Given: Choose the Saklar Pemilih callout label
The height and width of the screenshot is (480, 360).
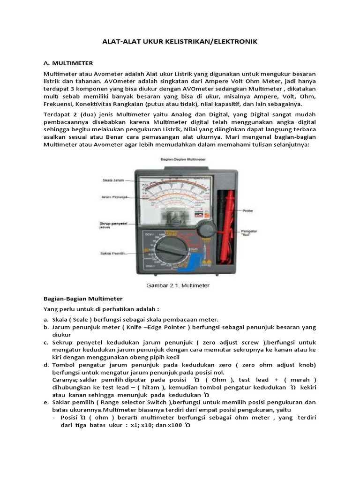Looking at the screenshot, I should coord(113,254).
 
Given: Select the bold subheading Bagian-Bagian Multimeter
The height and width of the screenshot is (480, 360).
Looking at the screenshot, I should coord(83,299).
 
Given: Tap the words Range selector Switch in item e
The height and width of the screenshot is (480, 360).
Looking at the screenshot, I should coord(140,402).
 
